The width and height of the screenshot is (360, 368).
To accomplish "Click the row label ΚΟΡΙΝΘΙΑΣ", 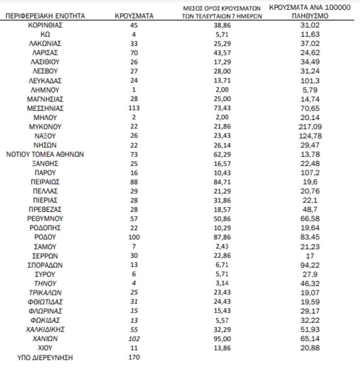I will pos(45,25).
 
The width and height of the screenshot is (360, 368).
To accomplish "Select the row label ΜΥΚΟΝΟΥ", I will pos(45,126).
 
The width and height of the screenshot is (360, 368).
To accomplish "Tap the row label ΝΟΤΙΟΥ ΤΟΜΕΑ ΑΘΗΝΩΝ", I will pos(45,154).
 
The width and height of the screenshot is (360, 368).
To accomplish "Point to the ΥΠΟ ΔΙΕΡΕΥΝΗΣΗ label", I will pos(45,357).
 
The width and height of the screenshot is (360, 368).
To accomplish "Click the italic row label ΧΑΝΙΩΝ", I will pos(45,338).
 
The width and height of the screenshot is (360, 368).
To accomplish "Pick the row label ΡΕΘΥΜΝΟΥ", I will pos(45,219).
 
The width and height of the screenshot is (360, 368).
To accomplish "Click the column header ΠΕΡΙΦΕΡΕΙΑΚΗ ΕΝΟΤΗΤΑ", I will pos(45,16).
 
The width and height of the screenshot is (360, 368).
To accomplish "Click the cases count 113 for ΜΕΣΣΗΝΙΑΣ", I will pos(134,108).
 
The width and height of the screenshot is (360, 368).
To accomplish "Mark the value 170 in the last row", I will pos(134,357).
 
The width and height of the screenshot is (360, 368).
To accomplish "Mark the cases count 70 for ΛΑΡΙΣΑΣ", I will pos(134,52).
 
